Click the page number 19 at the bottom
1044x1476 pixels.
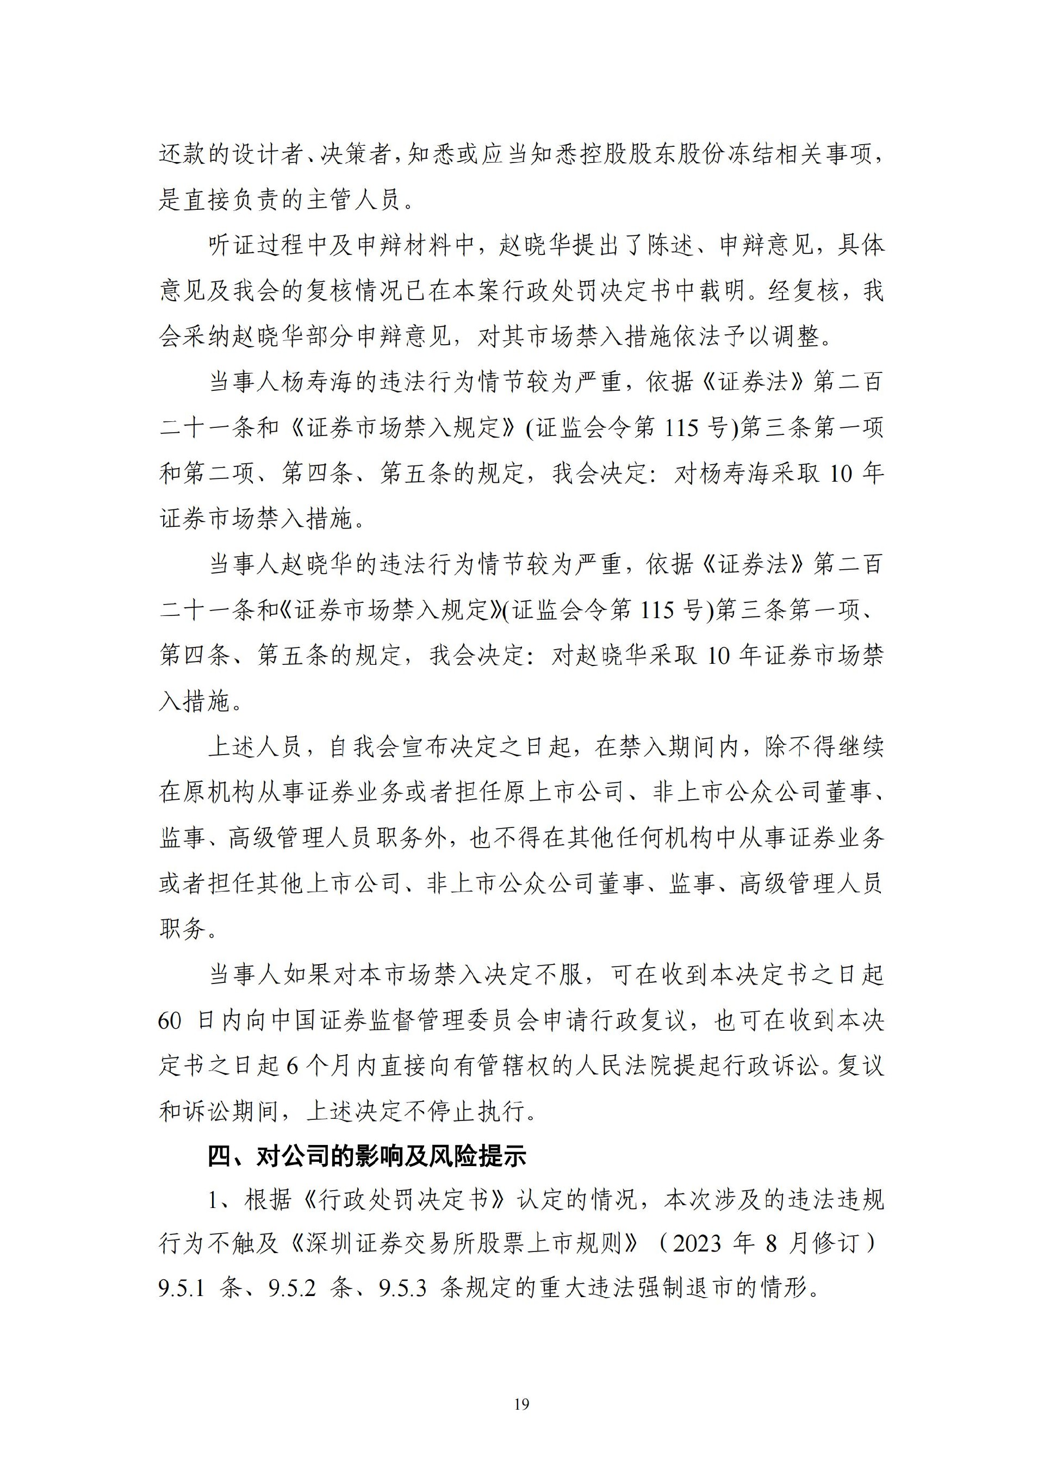coord(521,1405)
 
